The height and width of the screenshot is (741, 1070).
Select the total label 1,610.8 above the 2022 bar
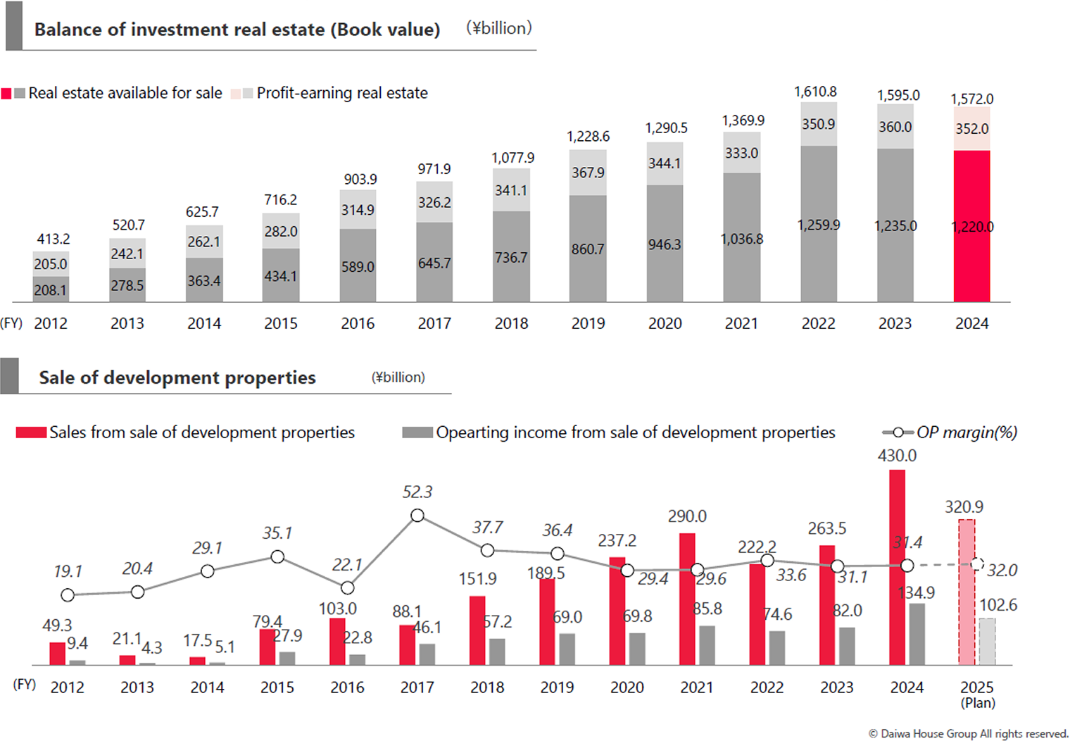click(x=815, y=92)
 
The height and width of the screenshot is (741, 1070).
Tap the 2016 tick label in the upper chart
click(x=358, y=323)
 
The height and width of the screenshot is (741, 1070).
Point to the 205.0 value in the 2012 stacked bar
click(x=51, y=264)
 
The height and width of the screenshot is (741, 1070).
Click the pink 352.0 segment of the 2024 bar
click(x=971, y=129)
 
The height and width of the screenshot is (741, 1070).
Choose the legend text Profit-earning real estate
click(x=342, y=93)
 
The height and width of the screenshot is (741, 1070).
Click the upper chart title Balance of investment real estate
click(x=237, y=30)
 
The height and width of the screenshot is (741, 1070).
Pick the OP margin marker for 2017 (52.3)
click(x=417, y=516)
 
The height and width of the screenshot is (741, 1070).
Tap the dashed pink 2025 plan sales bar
click(x=967, y=592)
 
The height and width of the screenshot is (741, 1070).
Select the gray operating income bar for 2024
click(x=917, y=634)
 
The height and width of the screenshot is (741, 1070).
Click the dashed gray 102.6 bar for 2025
click(x=987, y=641)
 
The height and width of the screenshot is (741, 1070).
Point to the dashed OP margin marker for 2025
click(x=977, y=564)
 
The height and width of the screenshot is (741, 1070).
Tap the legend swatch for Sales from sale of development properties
click(x=31, y=432)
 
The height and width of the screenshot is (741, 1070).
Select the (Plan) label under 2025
click(x=978, y=703)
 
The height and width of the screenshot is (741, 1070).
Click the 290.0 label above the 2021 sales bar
click(x=687, y=516)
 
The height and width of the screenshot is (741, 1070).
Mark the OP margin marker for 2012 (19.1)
click(x=68, y=595)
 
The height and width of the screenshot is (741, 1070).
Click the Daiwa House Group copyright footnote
click(x=969, y=733)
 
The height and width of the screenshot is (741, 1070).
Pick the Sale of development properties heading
click(x=177, y=378)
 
